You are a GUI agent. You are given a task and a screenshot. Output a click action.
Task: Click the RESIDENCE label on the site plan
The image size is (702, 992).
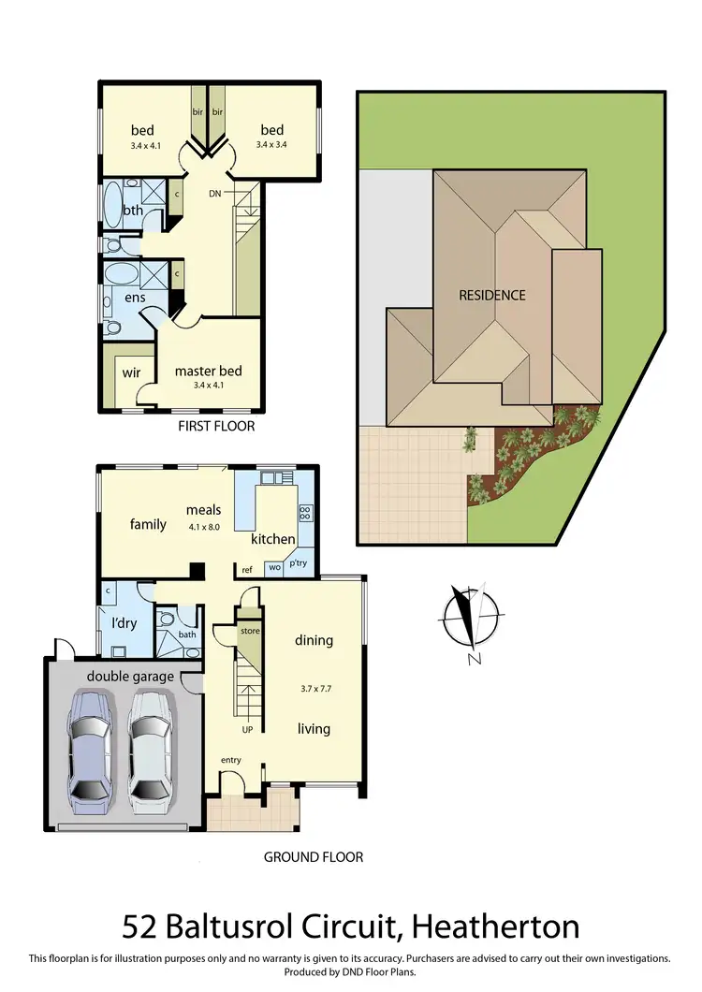point(491,295)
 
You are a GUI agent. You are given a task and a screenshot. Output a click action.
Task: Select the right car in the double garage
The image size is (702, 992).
point(152,749)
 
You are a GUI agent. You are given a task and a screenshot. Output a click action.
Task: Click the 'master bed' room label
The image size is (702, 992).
point(208,371)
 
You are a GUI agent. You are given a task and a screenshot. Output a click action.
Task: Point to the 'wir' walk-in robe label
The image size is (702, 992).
point(131,372)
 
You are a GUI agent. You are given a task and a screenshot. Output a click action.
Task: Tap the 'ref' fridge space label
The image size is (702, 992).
point(247,569)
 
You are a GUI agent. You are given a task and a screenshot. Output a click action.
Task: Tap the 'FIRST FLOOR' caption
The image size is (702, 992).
point(216,426)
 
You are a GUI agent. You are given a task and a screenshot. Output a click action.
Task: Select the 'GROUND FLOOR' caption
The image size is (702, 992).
point(313,856)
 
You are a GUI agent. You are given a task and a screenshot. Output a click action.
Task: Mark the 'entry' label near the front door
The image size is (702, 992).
point(231,760)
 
